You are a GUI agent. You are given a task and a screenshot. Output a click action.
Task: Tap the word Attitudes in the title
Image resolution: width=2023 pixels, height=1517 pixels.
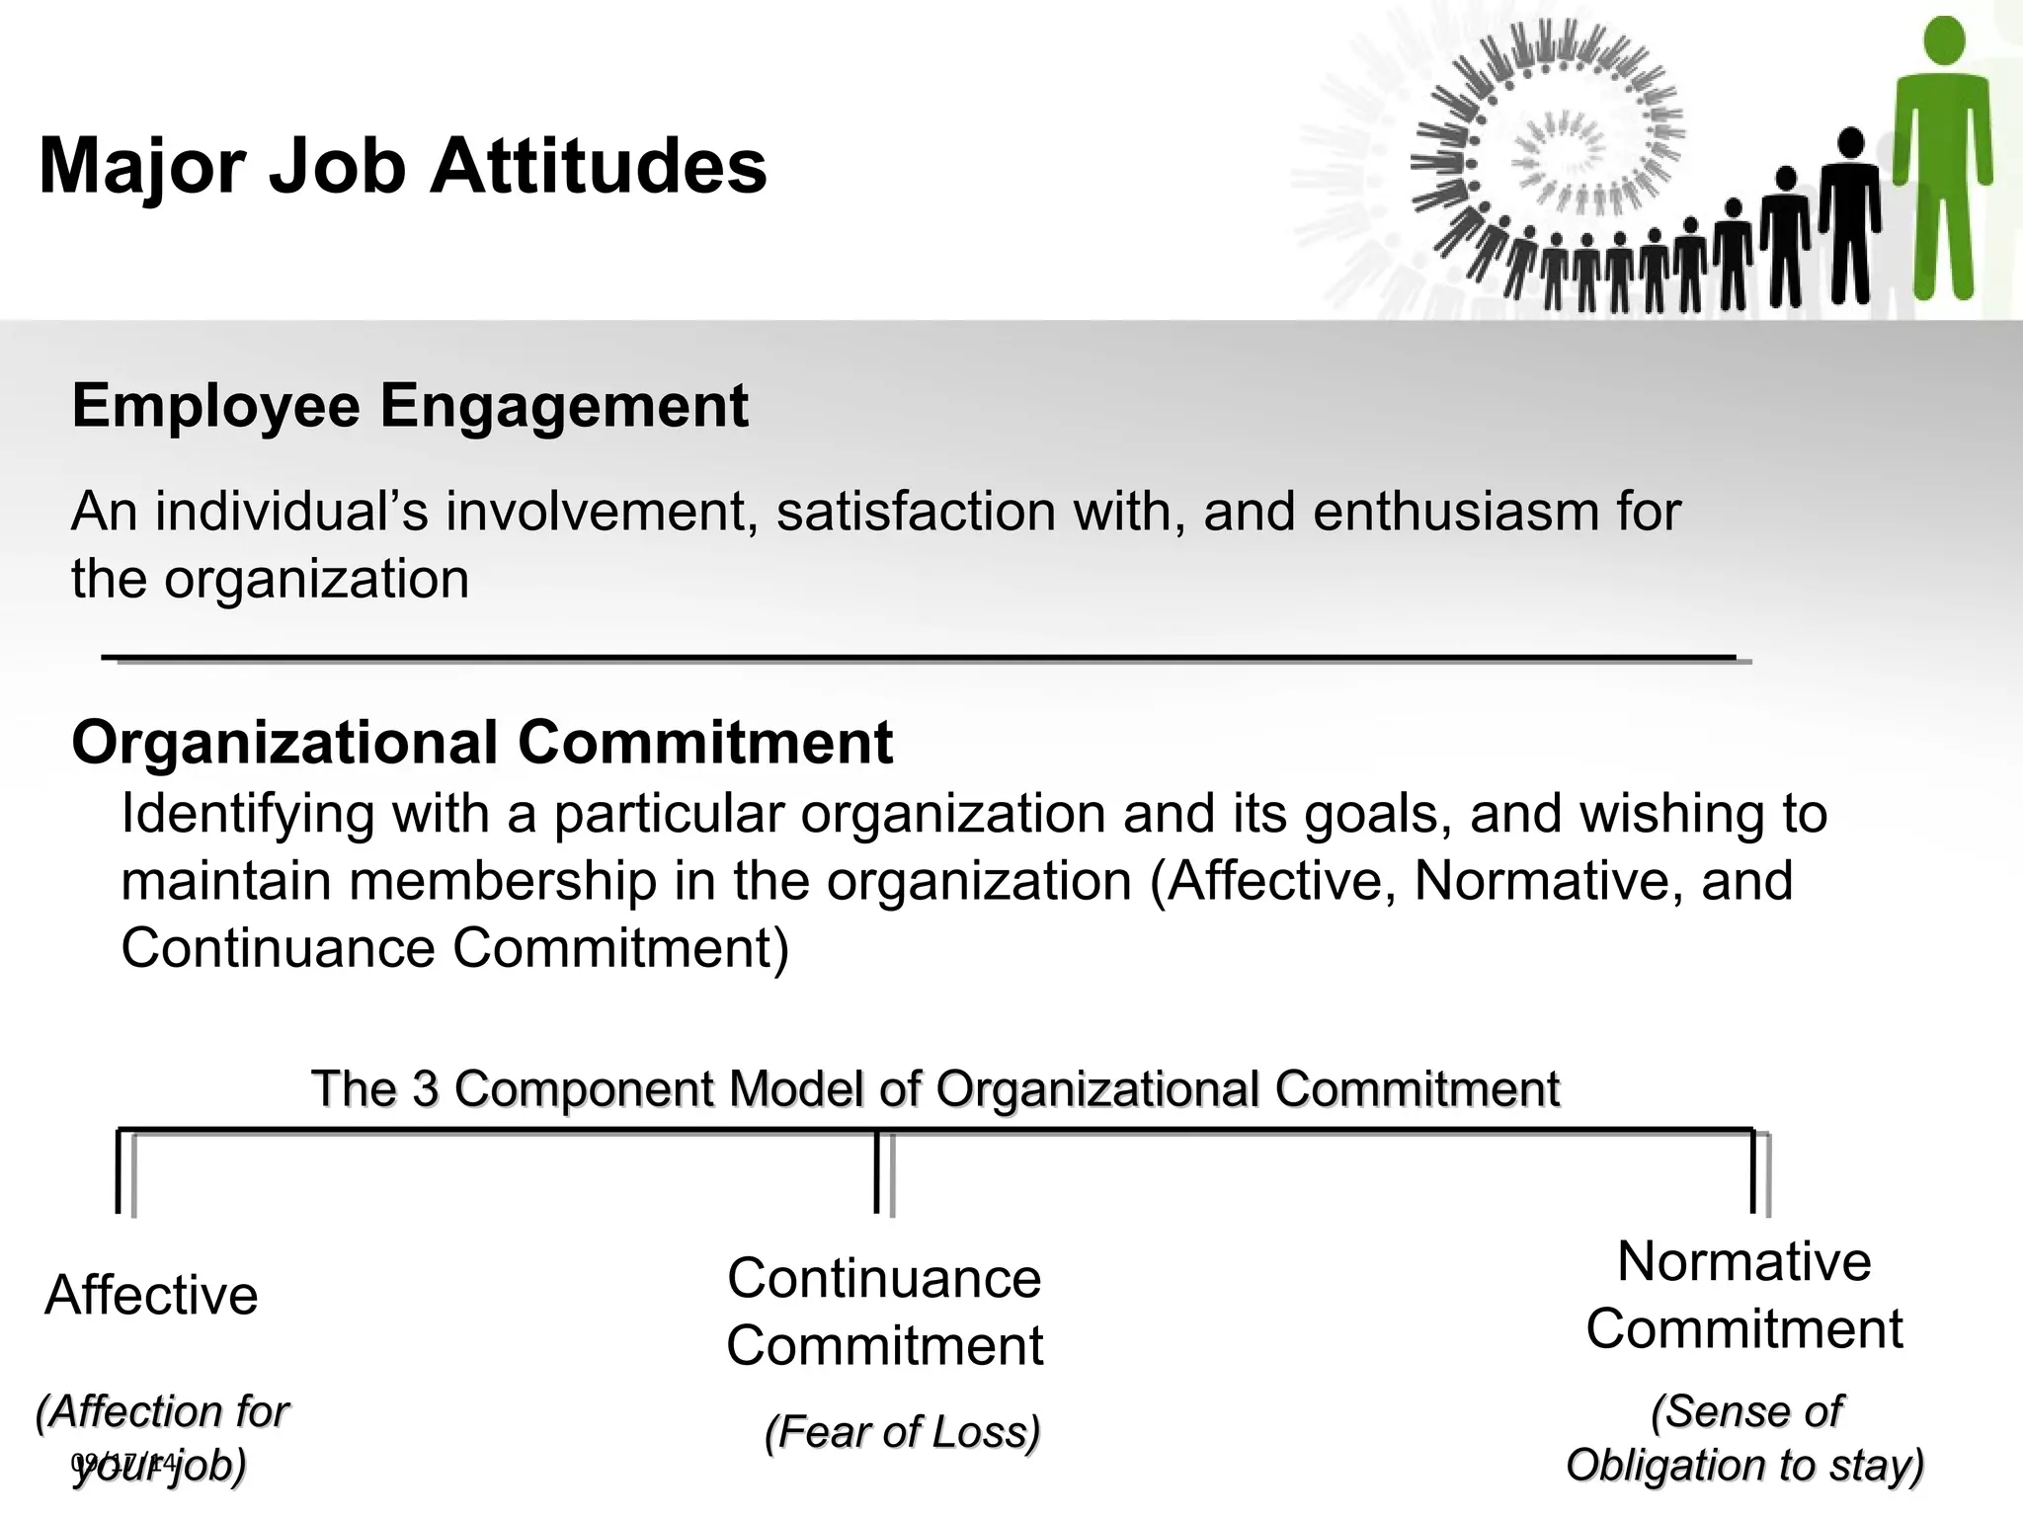click(x=598, y=166)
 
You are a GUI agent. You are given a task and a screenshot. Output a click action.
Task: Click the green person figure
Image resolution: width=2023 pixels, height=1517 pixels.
click(x=1942, y=158)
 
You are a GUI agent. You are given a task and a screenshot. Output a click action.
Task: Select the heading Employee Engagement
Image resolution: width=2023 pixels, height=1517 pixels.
click(x=410, y=406)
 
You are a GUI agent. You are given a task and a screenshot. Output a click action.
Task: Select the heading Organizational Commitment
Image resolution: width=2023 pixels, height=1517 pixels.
click(x=482, y=743)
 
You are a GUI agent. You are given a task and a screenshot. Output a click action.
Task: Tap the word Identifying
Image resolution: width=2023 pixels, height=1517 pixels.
click(x=247, y=816)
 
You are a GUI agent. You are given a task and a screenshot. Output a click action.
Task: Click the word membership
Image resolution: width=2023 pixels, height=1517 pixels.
click(x=503, y=882)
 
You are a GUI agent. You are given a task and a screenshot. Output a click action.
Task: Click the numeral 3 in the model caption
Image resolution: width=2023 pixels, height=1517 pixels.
click(x=425, y=1089)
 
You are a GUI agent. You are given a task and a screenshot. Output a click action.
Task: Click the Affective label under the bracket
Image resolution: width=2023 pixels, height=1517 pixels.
click(x=151, y=1295)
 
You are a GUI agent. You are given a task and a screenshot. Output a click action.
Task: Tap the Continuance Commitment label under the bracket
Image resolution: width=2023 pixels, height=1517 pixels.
click(x=885, y=1312)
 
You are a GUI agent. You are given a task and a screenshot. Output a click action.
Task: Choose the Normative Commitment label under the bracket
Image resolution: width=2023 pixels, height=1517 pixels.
click(x=1744, y=1295)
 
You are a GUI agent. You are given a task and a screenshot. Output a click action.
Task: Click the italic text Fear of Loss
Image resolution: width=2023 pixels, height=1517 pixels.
click(x=903, y=1432)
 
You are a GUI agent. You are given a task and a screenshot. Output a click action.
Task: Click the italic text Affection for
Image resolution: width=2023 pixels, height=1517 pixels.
click(x=162, y=1411)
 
